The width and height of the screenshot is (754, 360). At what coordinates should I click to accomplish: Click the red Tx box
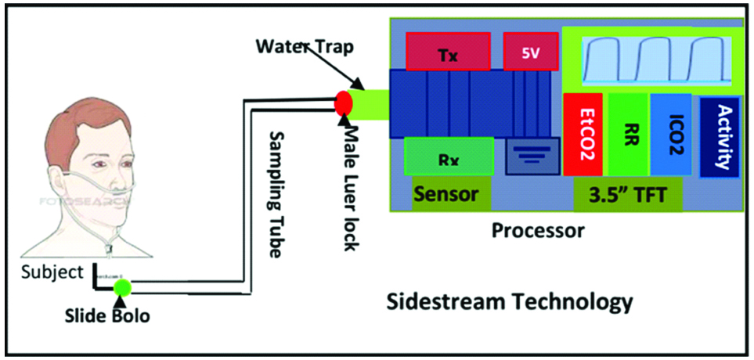tap(448, 51)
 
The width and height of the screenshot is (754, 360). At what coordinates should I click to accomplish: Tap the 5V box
tap(530, 51)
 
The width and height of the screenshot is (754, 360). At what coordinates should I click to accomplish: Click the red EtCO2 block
tap(583, 134)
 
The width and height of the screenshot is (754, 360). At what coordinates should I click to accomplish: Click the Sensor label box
tap(446, 193)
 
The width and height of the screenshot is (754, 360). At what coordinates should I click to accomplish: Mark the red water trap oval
tap(344, 103)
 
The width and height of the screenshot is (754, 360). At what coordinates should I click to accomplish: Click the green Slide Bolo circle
tap(121, 287)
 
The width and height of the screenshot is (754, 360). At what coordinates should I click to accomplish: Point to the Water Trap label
tap(305, 45)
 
